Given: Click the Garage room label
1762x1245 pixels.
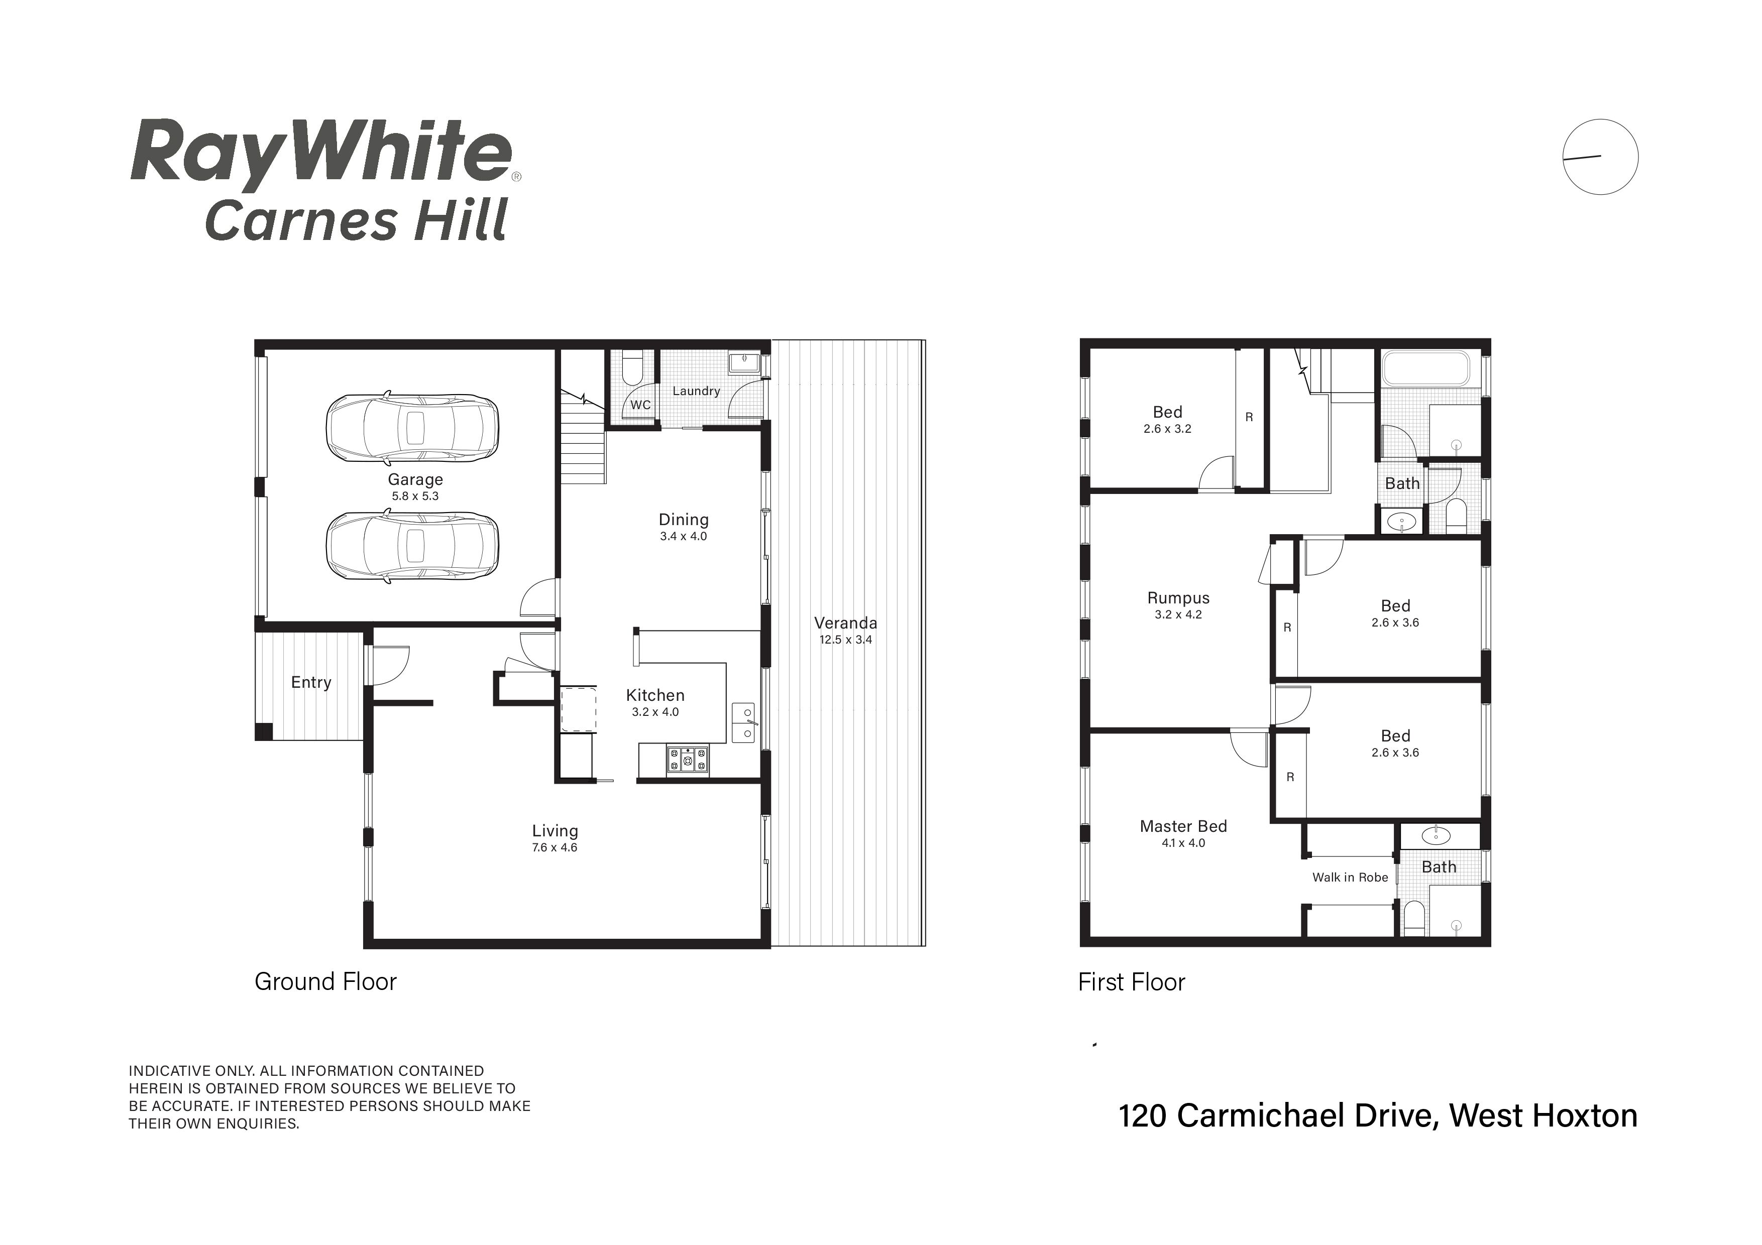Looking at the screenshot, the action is click(415, 479).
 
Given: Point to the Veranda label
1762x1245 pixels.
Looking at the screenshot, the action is click(846, 623).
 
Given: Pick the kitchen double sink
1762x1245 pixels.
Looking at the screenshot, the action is click(743, 722).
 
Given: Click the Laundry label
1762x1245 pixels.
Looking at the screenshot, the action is click(696, 391).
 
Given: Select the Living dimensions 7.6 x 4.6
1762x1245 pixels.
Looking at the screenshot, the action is click(555, 847).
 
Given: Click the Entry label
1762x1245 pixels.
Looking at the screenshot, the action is click(311, 682).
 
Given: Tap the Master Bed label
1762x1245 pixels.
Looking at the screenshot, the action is click(1183, 826).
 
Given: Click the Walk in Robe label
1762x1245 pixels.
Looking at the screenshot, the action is click(1350, 878).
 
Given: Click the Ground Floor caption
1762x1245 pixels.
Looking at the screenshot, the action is click(325, 982).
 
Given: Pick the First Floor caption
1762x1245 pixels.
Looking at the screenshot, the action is click(1131, 982).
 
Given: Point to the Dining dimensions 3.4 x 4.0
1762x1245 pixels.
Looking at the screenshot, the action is click(683, 536).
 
